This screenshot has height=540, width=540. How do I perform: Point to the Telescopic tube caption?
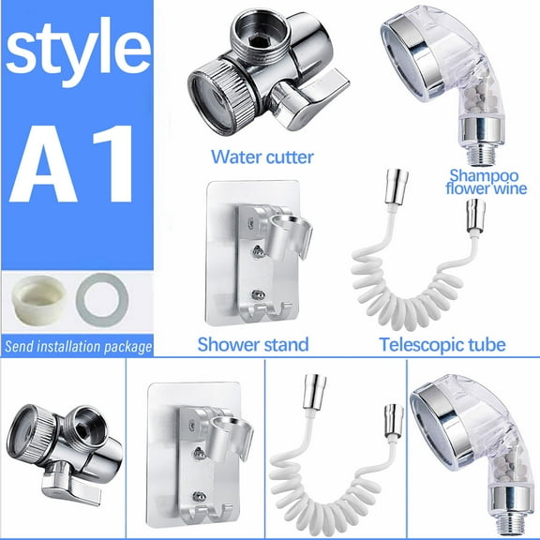[x=442, y=344]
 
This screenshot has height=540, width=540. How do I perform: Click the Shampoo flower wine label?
[x=487, y=181]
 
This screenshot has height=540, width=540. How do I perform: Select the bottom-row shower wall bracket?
[x=197, y=450]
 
